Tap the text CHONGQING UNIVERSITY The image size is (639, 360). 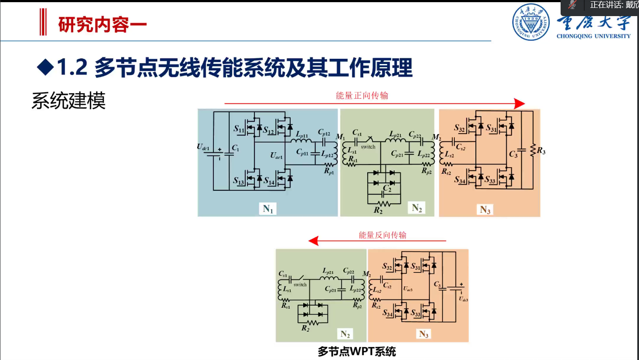[593, 36]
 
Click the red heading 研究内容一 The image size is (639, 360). [102, 25]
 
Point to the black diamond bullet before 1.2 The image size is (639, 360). [45, 67]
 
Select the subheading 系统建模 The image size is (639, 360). [68, 101]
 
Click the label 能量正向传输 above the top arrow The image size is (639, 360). [362, 95]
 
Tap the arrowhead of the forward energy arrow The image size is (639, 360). [519, 104]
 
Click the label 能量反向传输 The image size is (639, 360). [382, 235]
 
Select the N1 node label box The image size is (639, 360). [268, 209]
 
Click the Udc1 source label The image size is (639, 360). [203, 147]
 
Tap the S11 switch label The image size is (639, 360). [239, 128]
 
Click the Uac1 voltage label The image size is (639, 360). [276, 155]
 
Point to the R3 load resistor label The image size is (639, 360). [541, 151]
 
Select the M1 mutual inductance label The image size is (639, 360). [340, 137]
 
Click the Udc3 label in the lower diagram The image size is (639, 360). [463, 299]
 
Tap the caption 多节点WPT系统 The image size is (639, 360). [356, 351]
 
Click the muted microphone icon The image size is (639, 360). [572, 5]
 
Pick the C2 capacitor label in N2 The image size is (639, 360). [387, 188]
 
